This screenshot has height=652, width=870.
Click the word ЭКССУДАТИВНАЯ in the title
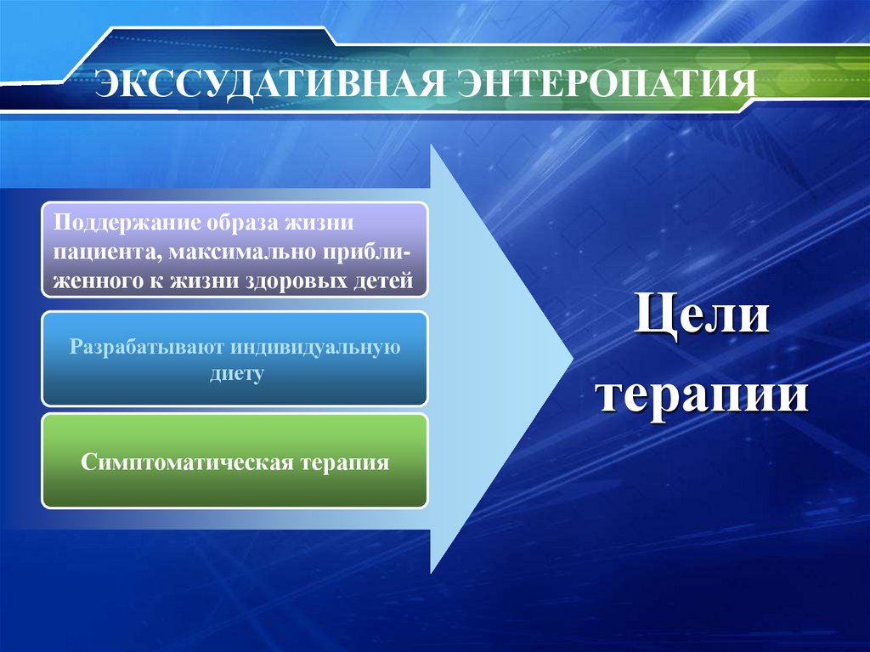point(269,83)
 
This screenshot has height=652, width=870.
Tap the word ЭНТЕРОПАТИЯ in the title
point(607,83)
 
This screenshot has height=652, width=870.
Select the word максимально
point(240,252)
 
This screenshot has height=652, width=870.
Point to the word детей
point(383,281)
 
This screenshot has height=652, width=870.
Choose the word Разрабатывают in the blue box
point(146,348)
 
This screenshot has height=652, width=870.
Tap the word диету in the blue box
point(237,374)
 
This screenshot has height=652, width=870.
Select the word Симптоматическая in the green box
point(186,462)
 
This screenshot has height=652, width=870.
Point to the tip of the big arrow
point(573,359)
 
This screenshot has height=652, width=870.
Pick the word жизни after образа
point(319,222)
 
